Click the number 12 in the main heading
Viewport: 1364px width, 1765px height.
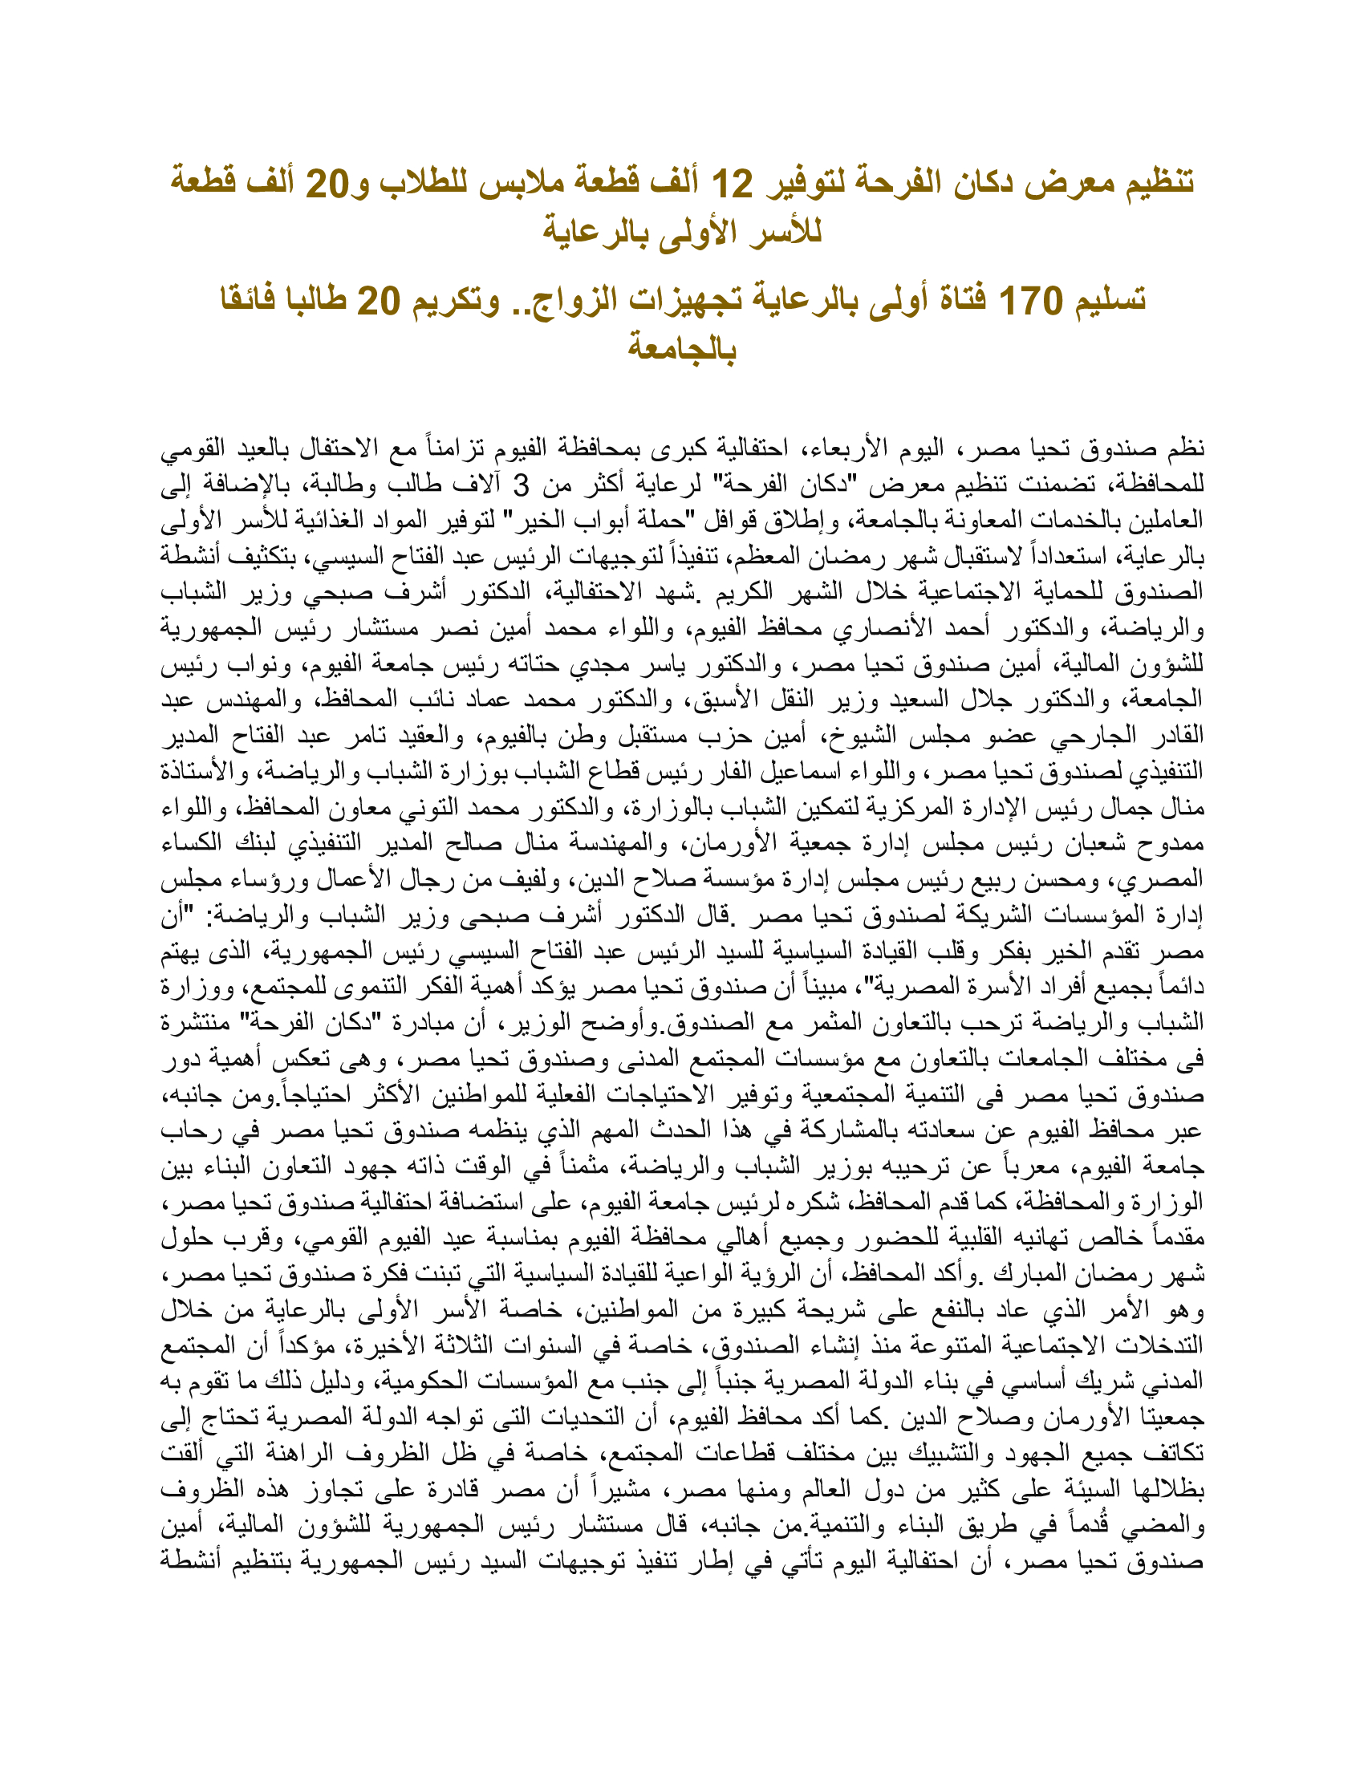[731, 185]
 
